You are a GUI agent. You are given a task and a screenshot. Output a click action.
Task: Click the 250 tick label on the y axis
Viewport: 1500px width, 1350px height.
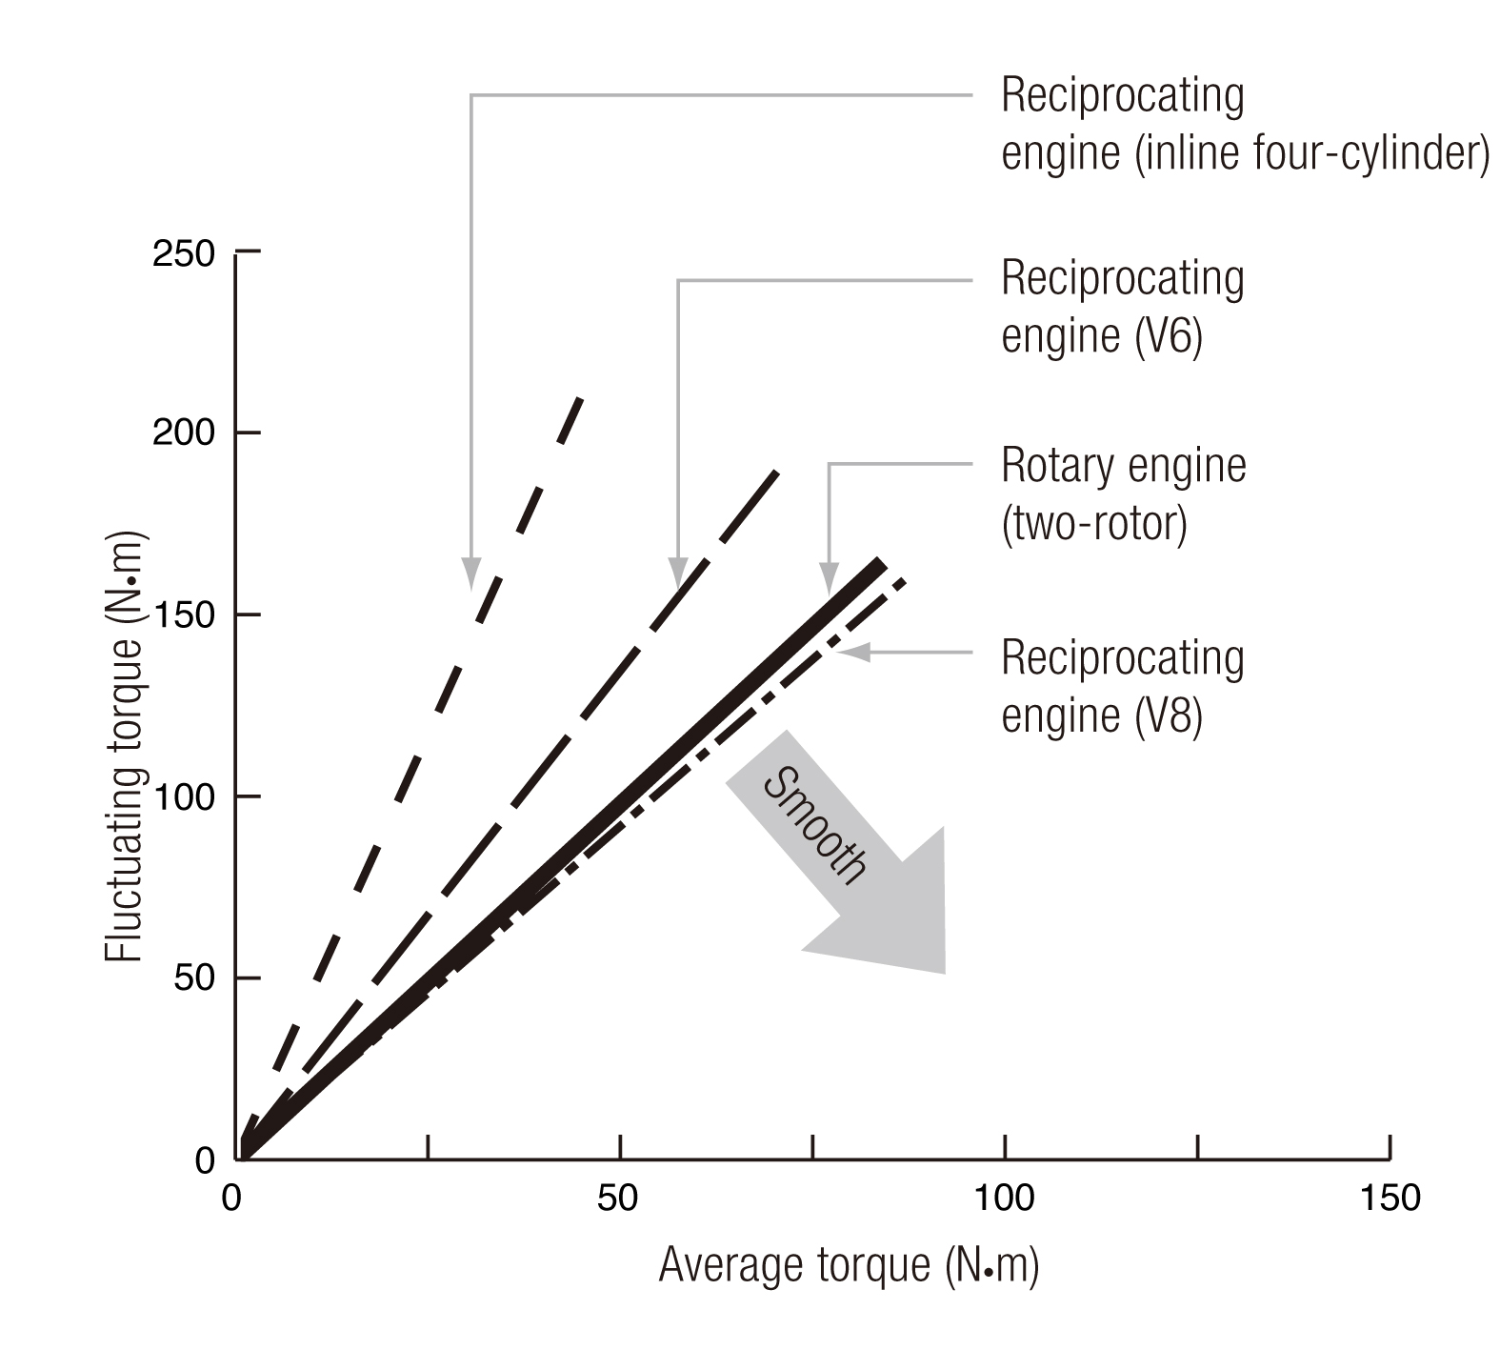pyautogui.click(x=184, y=254)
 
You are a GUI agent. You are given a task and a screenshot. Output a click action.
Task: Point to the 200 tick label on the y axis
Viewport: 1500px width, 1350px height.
pyautogui.click(x=184, y=434)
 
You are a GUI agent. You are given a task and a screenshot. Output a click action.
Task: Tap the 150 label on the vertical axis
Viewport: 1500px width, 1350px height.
pyautogui.click(x=184, y=615)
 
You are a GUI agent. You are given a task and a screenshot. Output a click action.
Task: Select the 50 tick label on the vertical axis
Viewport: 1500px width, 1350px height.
pyautogui.click(x=194, y=978)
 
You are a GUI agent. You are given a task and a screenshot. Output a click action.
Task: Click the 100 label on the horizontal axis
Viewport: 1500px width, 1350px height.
pyautogui.click(x=1005, y=1198)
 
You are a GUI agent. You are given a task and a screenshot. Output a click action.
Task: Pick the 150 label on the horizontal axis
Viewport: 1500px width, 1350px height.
pyautogui.click(x=1390, y=1198)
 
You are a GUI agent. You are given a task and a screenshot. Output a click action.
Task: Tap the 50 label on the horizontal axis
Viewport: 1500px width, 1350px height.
pyautogui.click(x=618, y=1198)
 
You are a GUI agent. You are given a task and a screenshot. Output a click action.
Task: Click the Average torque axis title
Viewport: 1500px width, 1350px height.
pyautogui.click(x=849, y=1265)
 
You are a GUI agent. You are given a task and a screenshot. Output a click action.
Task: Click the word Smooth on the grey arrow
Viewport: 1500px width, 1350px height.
pyautogui.click(x=815, y=825)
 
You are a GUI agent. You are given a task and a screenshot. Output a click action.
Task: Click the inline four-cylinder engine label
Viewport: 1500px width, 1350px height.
pyautogui.click(x=1244, y=125)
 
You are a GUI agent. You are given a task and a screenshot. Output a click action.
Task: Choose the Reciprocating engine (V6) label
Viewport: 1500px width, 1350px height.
pyautogui.click(x=1122, y=307)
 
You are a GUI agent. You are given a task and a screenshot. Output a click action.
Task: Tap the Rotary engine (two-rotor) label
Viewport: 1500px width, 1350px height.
pyautogui.click(x=1123, y=494)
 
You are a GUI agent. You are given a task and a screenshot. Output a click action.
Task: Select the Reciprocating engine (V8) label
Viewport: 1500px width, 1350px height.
pyautogui.click(x=1122, y=687)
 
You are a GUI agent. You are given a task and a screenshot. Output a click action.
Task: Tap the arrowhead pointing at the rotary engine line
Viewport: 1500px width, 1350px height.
pyautogui.click(x=829, y=582)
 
